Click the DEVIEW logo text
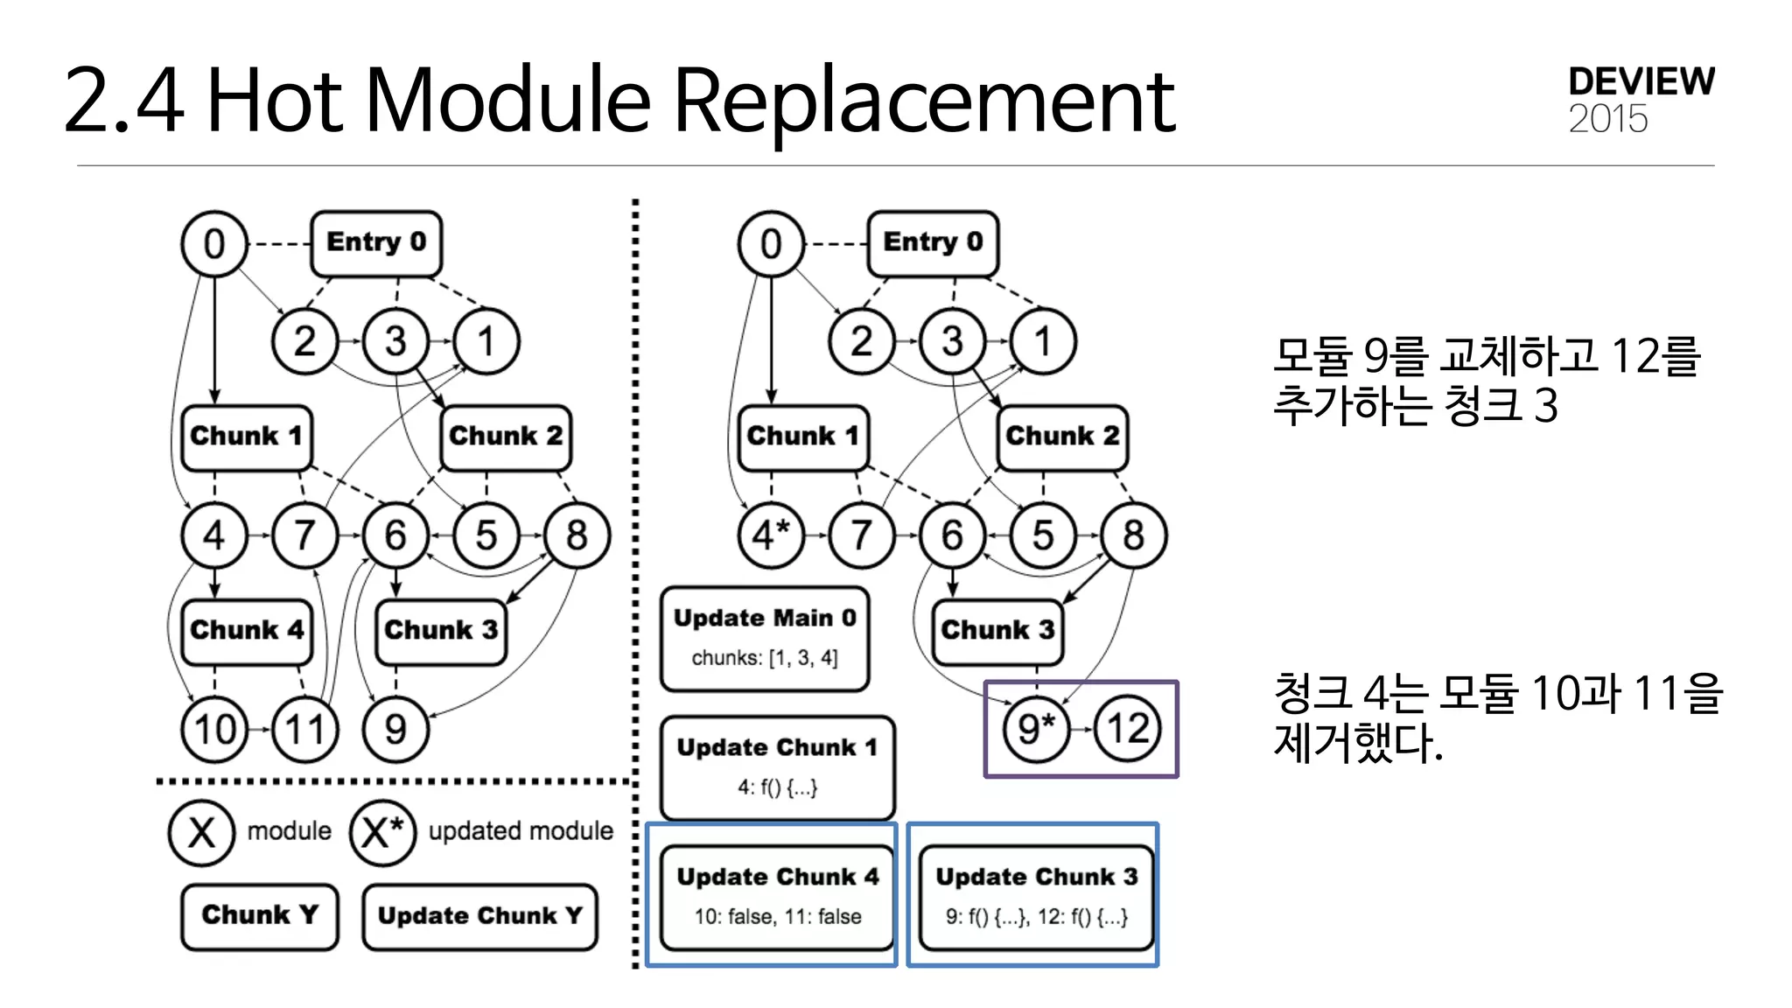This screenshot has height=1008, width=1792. [1641, 81]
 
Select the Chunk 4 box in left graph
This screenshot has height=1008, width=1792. [247, 631]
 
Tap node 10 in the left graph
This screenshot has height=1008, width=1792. [214, 729]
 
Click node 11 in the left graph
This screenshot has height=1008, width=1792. [304, 729]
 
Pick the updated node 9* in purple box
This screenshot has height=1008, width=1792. [1037, 729]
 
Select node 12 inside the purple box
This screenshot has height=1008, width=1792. [1128, 729]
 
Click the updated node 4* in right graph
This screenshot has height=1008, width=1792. [771, 535]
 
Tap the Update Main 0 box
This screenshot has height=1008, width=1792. [765, 638]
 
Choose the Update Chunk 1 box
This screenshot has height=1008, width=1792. [777, 766]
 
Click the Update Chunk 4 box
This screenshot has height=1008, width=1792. [777, 896]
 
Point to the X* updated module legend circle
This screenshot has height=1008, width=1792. [382, 832]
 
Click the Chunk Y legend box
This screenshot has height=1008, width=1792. [260, 915]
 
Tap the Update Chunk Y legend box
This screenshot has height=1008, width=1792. [479, 916]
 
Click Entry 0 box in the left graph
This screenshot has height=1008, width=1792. [376, 242]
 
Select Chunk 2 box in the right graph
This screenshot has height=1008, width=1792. [1062, 437]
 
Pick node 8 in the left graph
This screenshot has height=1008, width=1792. [577, 535]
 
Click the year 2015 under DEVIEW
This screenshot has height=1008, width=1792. [1607, 119]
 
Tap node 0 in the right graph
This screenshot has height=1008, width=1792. [771, 243]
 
